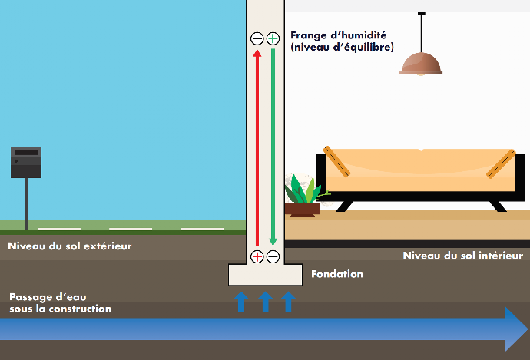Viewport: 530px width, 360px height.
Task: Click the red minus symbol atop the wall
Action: point(257,38)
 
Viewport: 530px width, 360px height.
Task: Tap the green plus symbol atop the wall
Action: point(273,38)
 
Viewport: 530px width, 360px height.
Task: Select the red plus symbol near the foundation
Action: point(257,256)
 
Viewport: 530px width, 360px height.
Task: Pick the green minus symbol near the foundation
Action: point(273,256)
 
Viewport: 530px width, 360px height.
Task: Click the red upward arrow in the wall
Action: point(257,146)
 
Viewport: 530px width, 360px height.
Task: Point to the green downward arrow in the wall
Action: point(273,146)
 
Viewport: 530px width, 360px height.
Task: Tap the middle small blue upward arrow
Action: point(265,301)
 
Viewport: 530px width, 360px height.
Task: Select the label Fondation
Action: point(336,274)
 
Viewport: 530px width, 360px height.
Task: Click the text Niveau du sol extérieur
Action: point(70,246)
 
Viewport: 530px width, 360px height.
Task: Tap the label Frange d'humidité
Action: point(338,35)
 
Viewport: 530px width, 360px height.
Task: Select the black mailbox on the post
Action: point(25,163)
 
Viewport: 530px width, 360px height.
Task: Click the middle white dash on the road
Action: point(130,229)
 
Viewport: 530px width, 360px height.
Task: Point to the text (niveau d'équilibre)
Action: point(342,48)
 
